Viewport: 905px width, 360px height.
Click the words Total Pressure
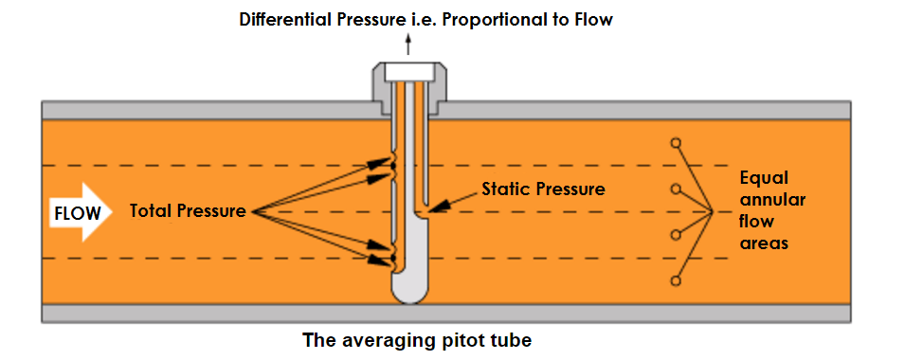pyautogui.click(x=188, y=210)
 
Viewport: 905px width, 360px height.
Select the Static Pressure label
pyautogui.click(x=543, y=189)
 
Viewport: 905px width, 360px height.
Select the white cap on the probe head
pyautogui.click(x=409, y=72)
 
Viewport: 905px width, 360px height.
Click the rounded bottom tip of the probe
pyautogui.click(x=409, y=291)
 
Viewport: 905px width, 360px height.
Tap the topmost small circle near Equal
pyautogui.click(x=676, y=143)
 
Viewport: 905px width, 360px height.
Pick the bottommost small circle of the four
pyautogui.click(x=676, y=280)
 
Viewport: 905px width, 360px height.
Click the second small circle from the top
pyautogui.click(x=676, y=189)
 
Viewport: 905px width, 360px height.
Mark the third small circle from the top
pyautogui.click(x=676, y=235)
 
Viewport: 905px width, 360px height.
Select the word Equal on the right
pyautogui.click(x=764, y=178)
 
